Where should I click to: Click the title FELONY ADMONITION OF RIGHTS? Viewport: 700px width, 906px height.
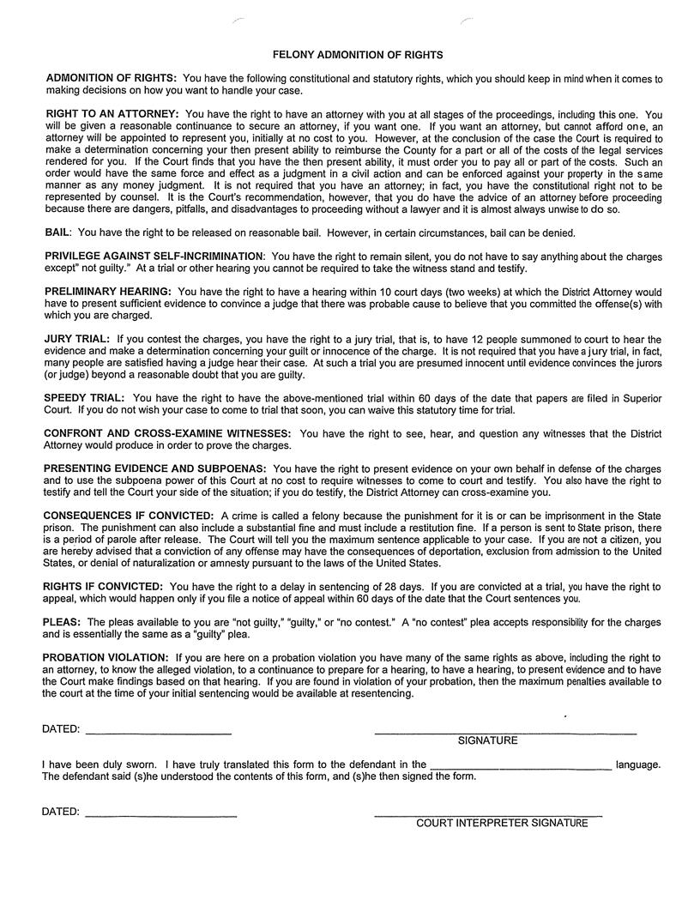tap(357, 55)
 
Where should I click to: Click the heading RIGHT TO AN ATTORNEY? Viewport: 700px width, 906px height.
tap(112, 114)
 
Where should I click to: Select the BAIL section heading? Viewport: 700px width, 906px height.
tap(58, 233)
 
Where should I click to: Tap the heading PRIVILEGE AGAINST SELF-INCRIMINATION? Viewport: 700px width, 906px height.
tap(154, 257)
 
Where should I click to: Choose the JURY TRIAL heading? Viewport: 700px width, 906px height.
tap(77, 340)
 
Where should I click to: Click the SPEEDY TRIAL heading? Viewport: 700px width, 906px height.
tap(84, 398)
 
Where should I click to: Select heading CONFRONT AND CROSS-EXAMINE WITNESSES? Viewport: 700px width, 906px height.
tap(167, 434)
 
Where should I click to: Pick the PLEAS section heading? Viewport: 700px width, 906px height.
tap(63, 622)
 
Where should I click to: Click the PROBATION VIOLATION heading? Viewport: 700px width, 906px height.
tap(106, 658)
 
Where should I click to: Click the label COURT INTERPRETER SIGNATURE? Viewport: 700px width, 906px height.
tap(502, 824)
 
